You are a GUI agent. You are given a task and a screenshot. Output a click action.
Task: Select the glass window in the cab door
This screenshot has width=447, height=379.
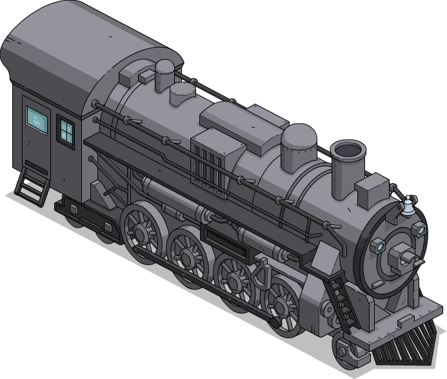[x=37, y=117]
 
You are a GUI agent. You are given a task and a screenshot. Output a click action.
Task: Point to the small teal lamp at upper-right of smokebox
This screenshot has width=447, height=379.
[x=421, y=230]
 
